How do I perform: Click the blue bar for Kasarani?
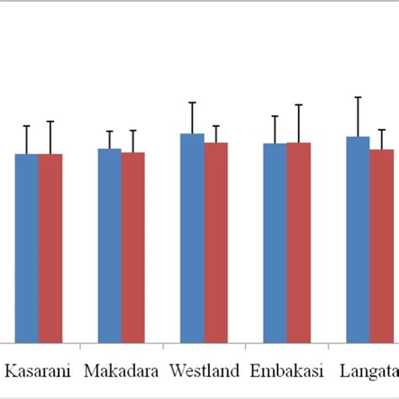pyautogui.click(x=26, y=248)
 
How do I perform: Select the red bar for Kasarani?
pyautogui.click(x=51, y=248)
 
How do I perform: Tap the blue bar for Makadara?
pyautogui.click(x=109, y=246)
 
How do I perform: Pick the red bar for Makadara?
pyautogui.click(x=133, y=247)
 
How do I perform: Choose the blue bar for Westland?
pyautogui.click(x=192, y=238)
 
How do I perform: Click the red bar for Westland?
pyautogui.click(x=215, y=242)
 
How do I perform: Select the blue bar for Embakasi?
pyautogui.click(x=274, y=243)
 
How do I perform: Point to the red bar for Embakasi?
pyautogui.click(x=298, y=242)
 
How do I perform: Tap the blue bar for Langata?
pyautogui.click(x=358, y=240)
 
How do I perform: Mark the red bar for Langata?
pyautogui.click(x=381, y=246)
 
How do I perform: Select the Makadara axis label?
pyautogui.click(x=121, y=370)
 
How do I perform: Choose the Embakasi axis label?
pyautogui.click(x=286, y=370)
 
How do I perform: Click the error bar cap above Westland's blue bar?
pyautogui.click(x=192, y=103)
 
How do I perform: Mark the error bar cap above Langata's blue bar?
pyautogui.click(x=358, y=98)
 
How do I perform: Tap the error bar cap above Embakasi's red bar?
pyautogui.click(x=298, y=105)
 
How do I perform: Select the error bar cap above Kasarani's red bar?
pyautogui.click(x=51, y=122)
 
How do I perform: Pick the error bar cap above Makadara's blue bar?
pyautogui.click(x=109, y=131)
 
